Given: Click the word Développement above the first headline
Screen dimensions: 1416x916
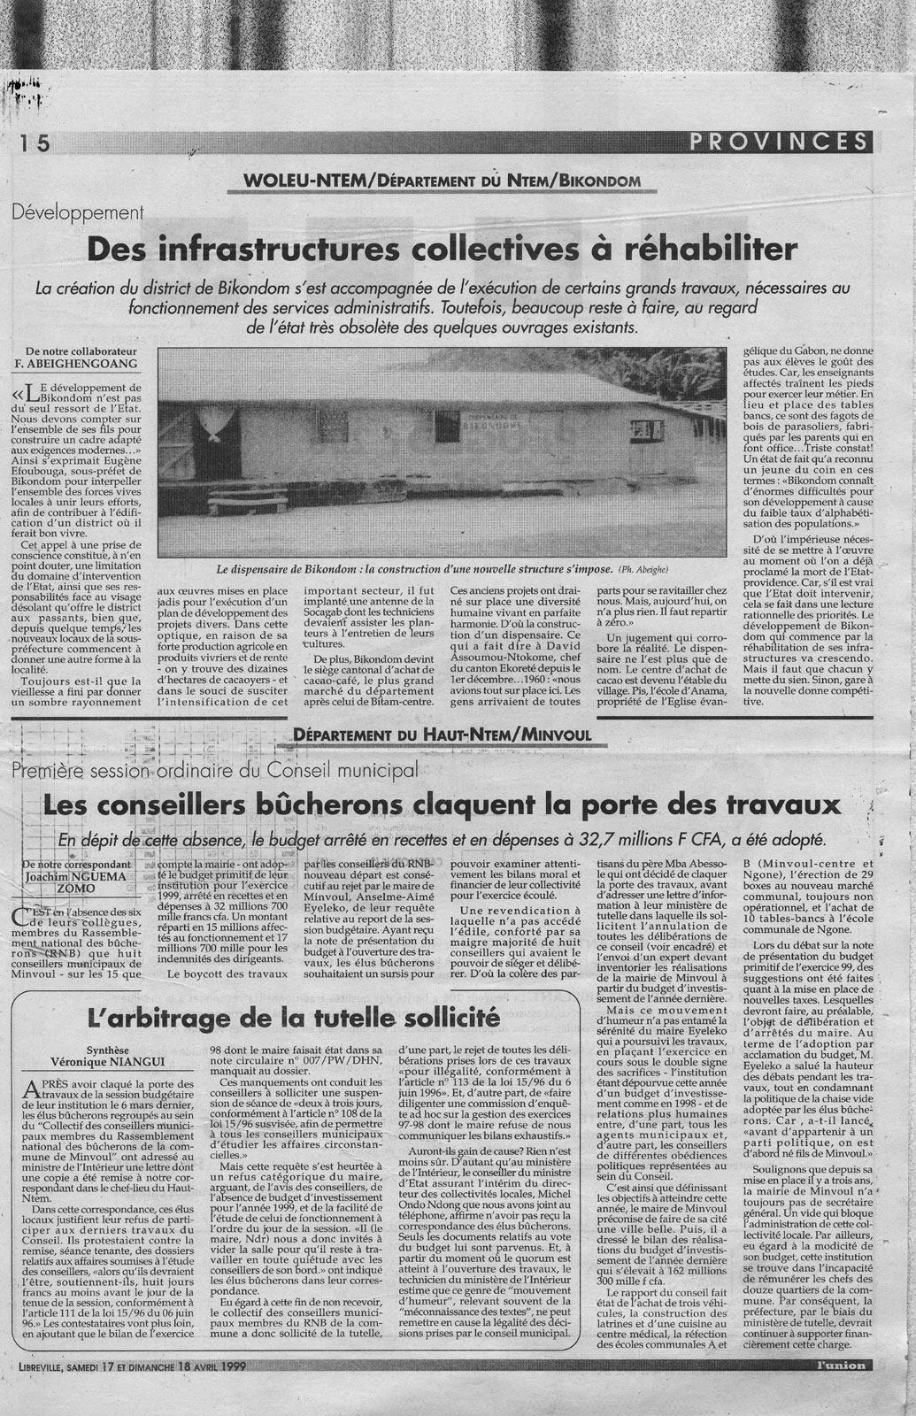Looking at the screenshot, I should [79, 213].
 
